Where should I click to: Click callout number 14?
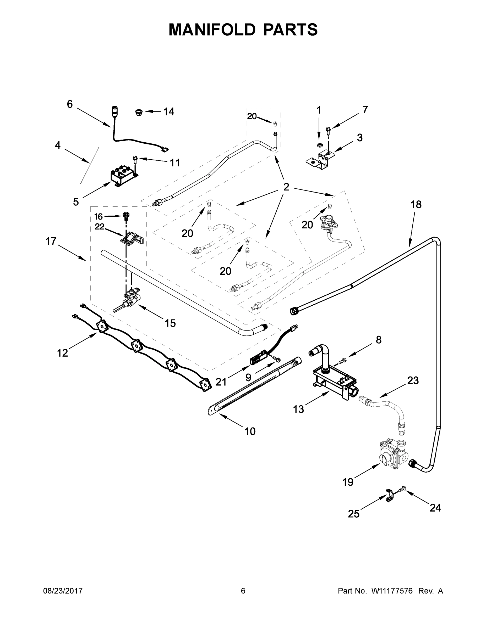[169, 111]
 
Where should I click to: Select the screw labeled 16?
[126, 216]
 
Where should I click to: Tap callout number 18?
[416, 204]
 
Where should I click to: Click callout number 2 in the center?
[286, 187]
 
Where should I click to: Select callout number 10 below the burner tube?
[250, 431]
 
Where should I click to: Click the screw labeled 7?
[328, 130]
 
